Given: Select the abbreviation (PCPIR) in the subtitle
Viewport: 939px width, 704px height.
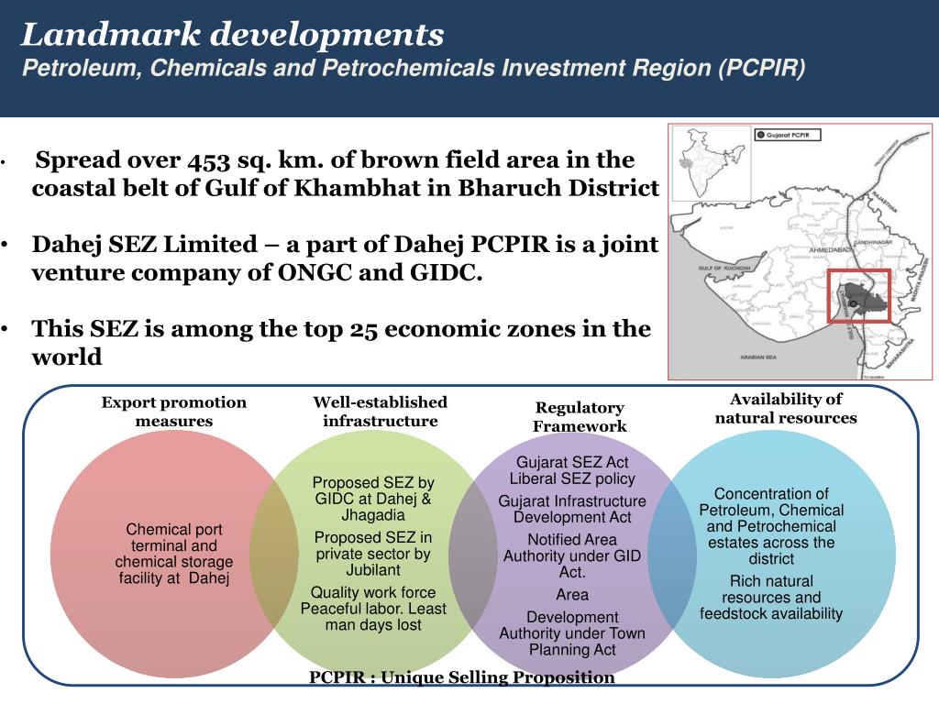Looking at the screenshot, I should click(x=761, y=69).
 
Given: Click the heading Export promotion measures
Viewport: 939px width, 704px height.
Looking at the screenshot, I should click(x=174, y=412).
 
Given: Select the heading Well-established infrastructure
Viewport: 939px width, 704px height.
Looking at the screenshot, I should click(x=381, y=412).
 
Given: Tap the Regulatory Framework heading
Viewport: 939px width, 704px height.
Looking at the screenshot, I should click(x=580, y=416).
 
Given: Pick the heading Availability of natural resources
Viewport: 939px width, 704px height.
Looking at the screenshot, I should click(x=786, y=408).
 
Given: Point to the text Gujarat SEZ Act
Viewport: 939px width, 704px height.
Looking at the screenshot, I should click(x=572, y=462).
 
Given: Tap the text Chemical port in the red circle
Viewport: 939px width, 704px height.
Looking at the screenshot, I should click(x=174, y=529).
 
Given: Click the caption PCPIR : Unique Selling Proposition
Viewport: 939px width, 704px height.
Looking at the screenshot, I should click(x=462, y=677).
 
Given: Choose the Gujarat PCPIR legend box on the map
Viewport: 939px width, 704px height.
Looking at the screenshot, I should click(x=788, y=135).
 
